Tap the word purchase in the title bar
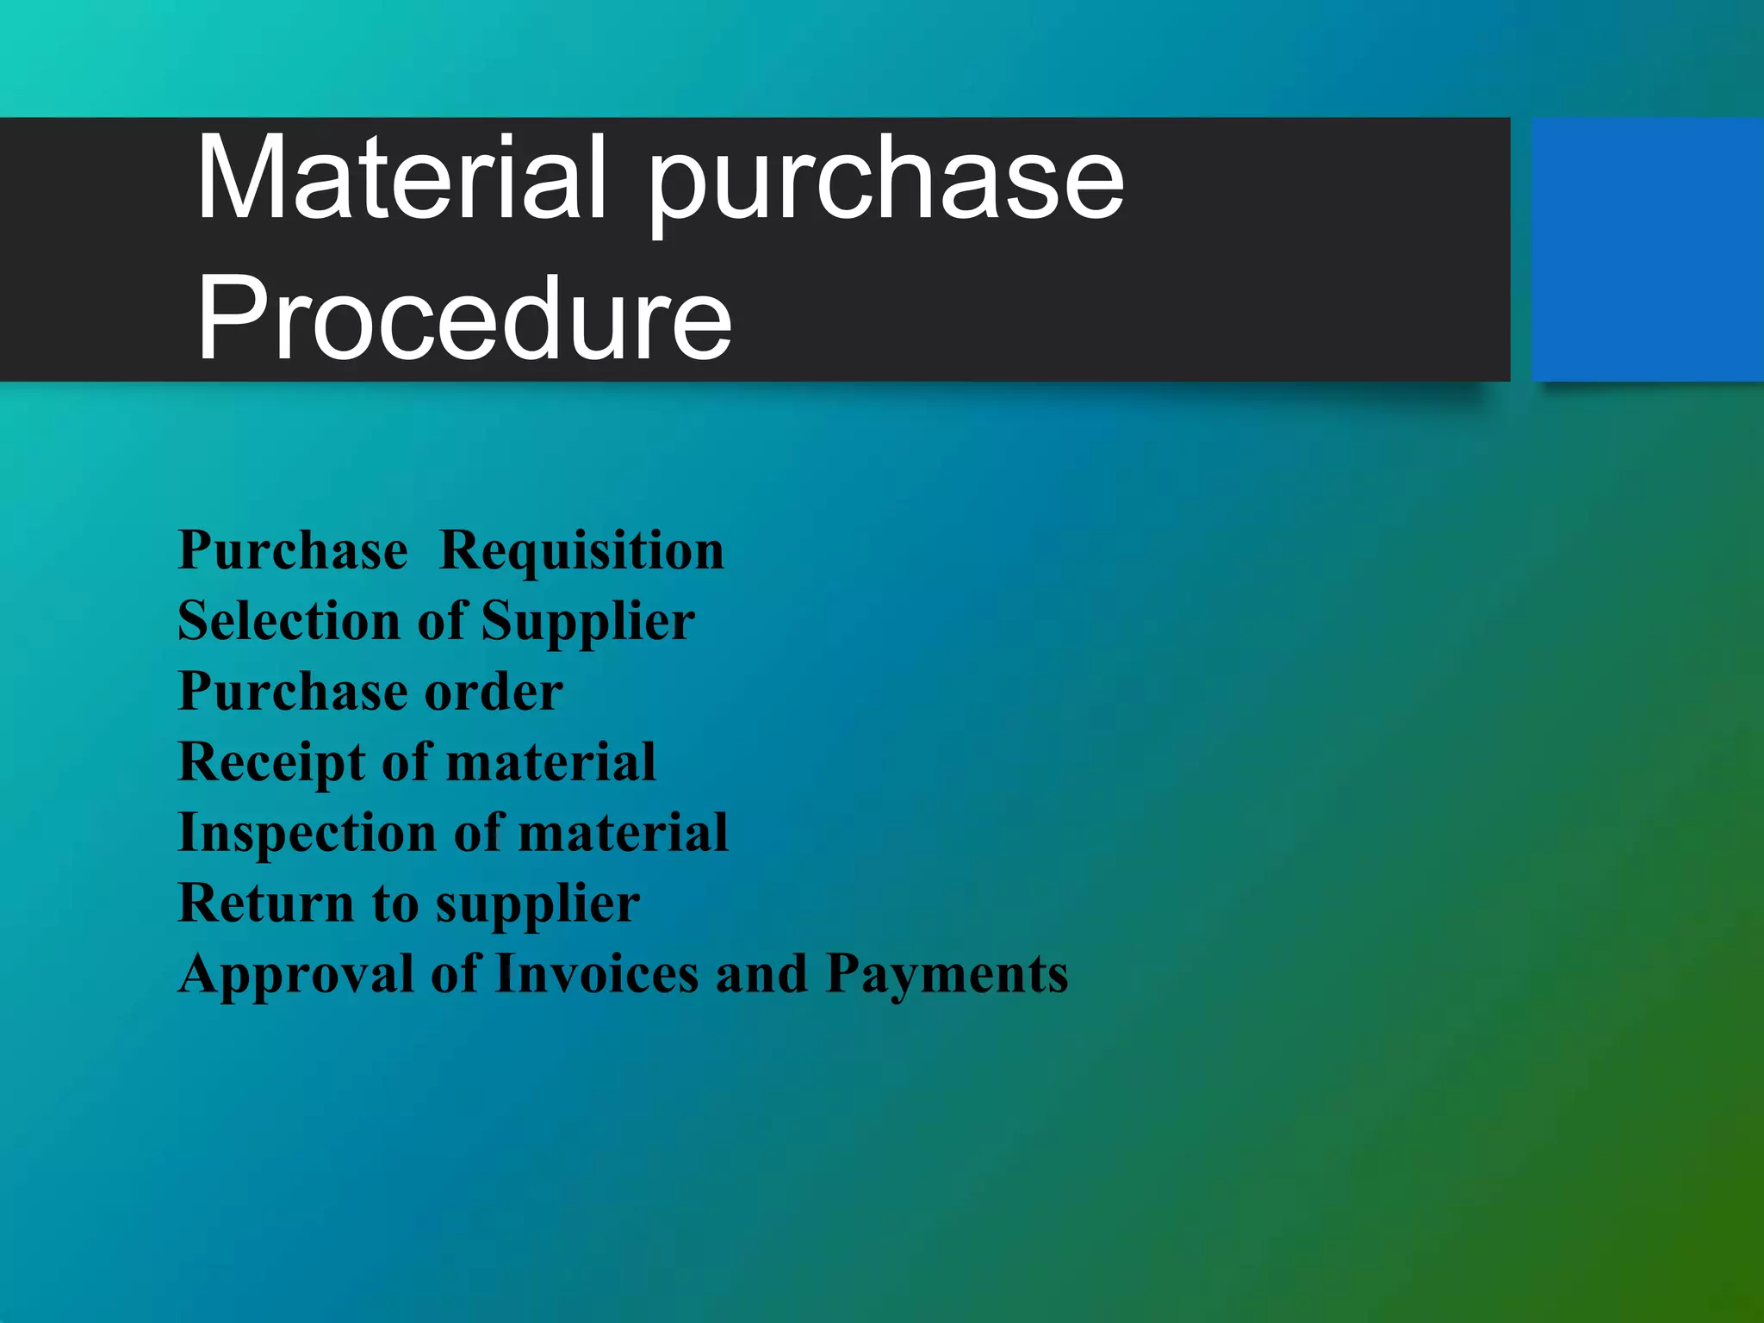[885, 183]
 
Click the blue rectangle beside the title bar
[1647, 250]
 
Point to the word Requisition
[581, 550]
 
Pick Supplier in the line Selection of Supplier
[587, 622]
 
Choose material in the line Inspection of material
[624, 833]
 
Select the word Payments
[947, 975]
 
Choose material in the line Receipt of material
[551, 762]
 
